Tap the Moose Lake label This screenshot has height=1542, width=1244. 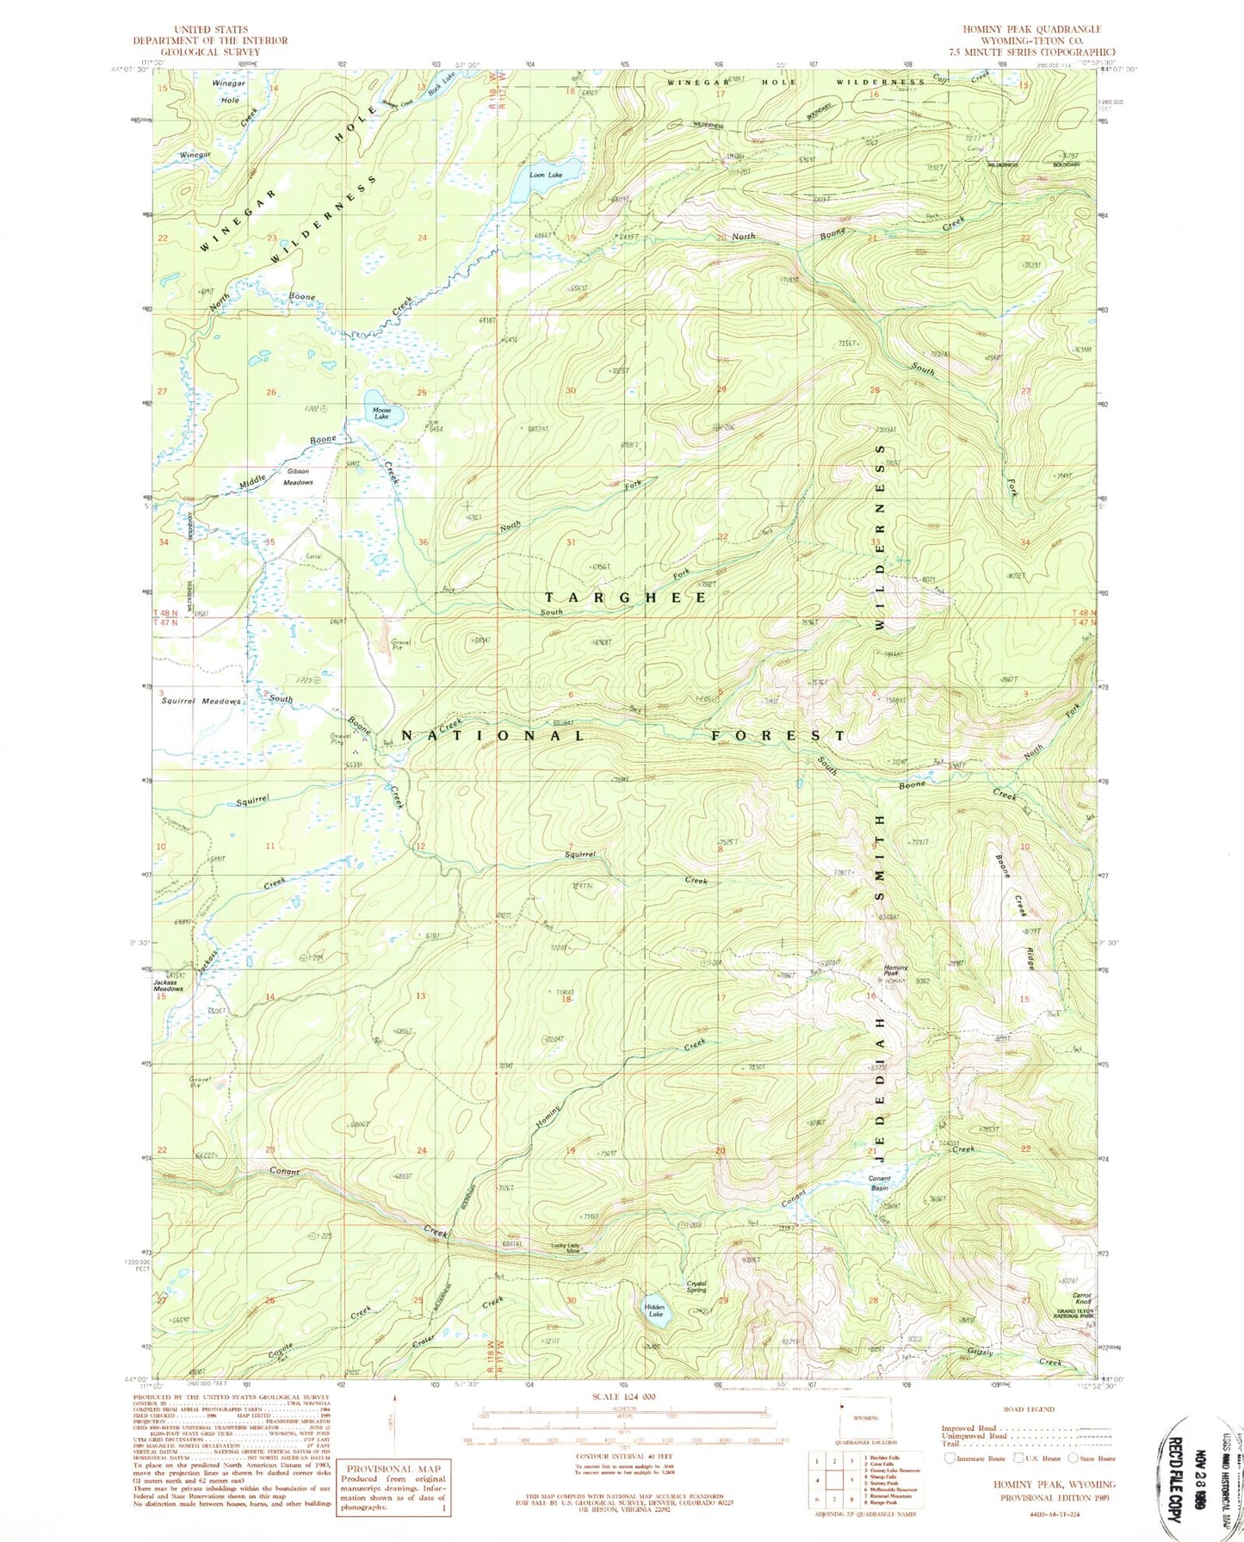coord(381,412)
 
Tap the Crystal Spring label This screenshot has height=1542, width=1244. coord(696,1285)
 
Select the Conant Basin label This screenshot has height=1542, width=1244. coord(879,1182)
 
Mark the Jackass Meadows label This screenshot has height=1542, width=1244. coord(168,986)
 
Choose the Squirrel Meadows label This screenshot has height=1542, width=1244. coord(201,701)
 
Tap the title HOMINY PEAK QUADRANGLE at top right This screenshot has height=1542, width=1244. coord(1031,29)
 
